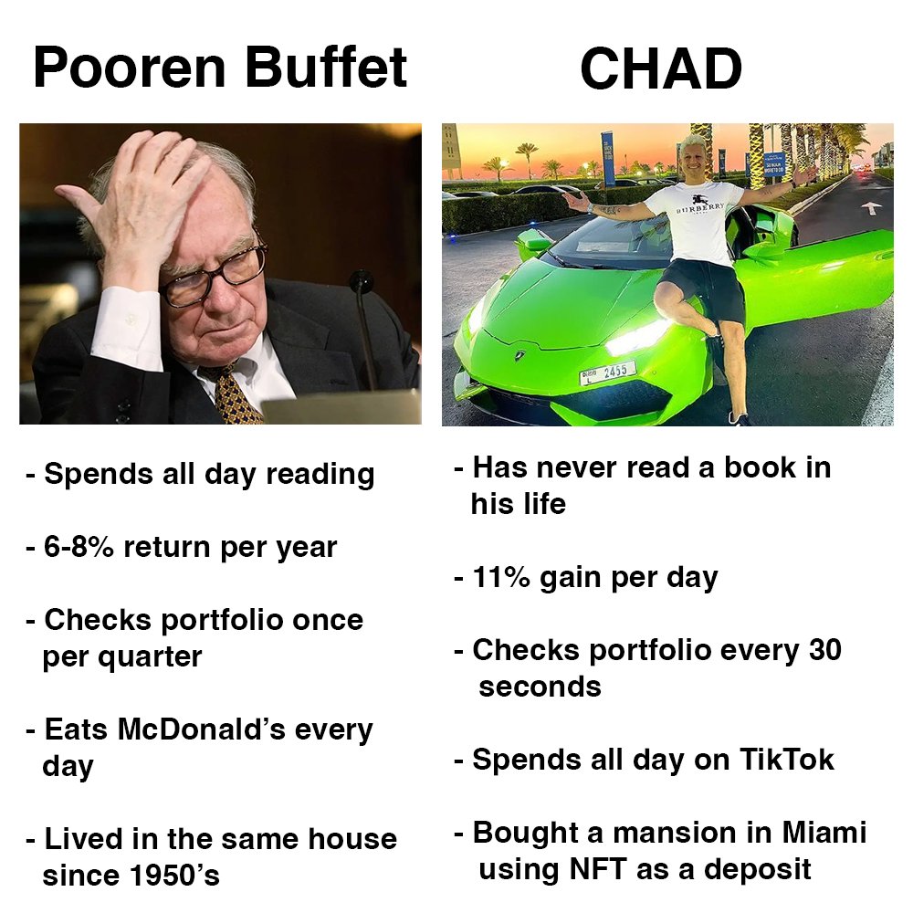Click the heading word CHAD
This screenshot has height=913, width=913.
coord(660,69)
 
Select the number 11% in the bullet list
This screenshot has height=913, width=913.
coord(500,577)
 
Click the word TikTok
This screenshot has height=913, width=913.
coord(786,760)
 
